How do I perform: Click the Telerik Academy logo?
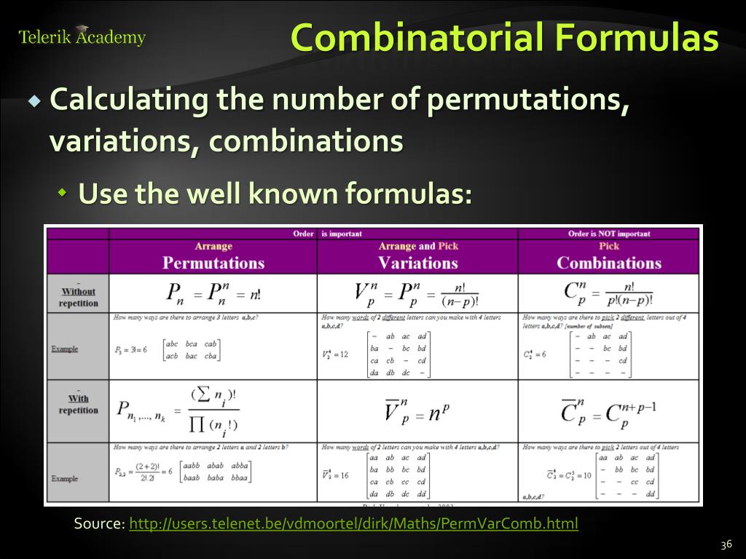point(82,36)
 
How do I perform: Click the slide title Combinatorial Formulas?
point(504,38)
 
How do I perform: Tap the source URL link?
point(353,523)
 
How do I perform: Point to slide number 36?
point(725,545)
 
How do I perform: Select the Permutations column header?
point(213,262)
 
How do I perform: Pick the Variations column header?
point(417,262)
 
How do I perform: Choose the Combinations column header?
point(609,262)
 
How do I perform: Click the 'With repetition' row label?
point(78,404)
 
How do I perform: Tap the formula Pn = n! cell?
point(213,293)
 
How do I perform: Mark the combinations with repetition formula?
point(609,411)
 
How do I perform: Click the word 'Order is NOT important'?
point(609,234)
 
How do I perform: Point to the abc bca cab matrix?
point(192,349)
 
